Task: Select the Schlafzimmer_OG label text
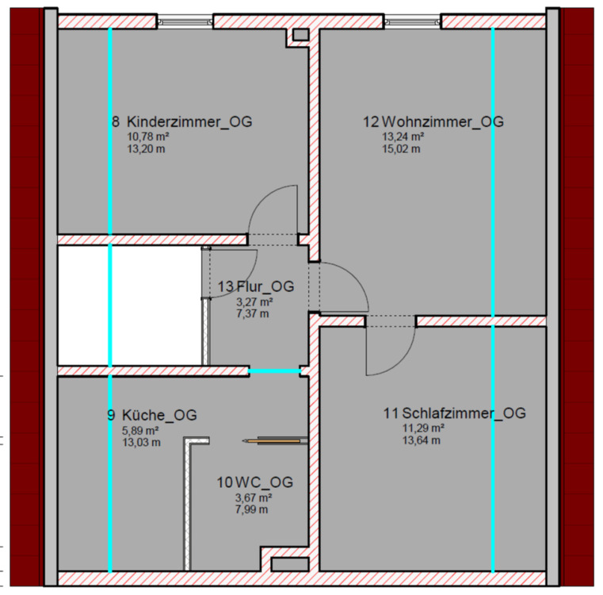click(464, 413)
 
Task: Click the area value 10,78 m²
click(148, 136)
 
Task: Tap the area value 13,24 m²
click(403, 136)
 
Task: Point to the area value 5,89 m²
click(140, 430)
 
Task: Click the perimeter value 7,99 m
click(252, 510)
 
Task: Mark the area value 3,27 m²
click(254, 301)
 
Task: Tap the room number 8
click(116, 122)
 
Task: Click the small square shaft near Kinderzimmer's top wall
click(300, 34)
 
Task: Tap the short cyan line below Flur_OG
click(275, 370)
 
